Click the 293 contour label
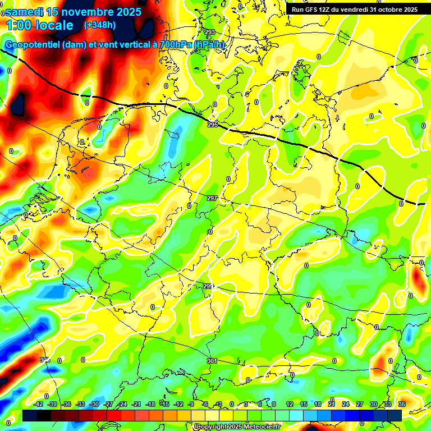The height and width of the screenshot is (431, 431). click(210, 32)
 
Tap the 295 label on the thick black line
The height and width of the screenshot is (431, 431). click(212, 125)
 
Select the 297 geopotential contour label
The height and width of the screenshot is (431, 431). click(212, 199)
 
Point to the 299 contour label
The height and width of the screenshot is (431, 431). click(208, 286)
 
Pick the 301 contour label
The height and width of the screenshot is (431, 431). click(212, 360)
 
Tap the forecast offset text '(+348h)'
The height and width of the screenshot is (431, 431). click(100, 25)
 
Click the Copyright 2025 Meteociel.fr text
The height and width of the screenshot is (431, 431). click(237, 427)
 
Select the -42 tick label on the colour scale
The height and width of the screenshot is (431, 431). click(39, 404)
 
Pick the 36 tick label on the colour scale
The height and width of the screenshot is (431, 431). click(402, 404)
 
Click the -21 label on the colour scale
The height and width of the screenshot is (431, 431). click(136, 404)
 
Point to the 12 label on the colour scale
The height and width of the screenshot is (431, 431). click(289, 404)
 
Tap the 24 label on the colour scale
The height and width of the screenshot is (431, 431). click(345, 404)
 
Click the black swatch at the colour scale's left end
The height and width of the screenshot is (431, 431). click(30, 415)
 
